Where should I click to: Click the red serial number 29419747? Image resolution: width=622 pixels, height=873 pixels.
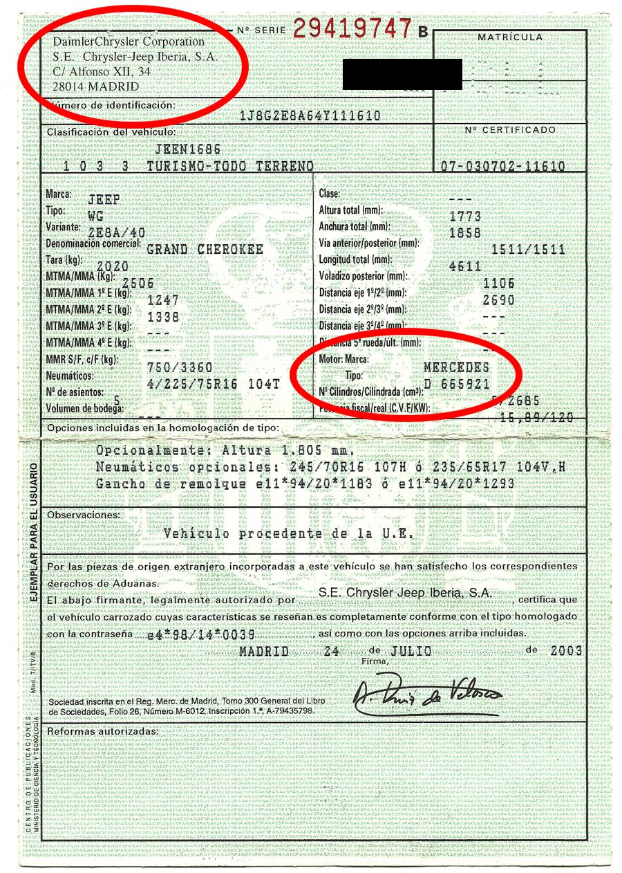[x=352, y=28]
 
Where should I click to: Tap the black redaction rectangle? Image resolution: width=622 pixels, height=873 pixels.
[x=402, y=74]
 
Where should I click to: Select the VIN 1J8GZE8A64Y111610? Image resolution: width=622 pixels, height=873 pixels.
[x=309, y=116]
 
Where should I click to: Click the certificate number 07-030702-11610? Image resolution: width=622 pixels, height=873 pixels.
[x=502, y=167]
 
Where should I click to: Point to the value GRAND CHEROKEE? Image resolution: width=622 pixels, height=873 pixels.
[x=205, y=249]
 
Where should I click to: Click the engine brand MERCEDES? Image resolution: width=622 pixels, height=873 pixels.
[x=456, y=367]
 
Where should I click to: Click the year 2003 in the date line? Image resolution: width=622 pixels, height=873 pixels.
[x=566, y=652]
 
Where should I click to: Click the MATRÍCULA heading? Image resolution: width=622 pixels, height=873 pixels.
[x=510, y=37]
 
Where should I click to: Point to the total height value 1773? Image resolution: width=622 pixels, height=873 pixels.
[x=464, y=217]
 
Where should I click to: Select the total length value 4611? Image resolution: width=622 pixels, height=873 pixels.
[x=464, y=266]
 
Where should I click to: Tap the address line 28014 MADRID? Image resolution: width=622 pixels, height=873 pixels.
[x=96, y=87]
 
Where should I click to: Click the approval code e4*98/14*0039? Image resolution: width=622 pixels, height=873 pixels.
[x=202, y=635]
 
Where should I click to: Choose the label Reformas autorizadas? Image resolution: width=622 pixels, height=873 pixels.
[x=102, y=731]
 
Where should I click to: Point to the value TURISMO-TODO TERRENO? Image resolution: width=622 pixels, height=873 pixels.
[x=229, y=167]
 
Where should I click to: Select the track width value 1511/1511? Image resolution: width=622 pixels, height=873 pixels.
[x=529, y=250]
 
